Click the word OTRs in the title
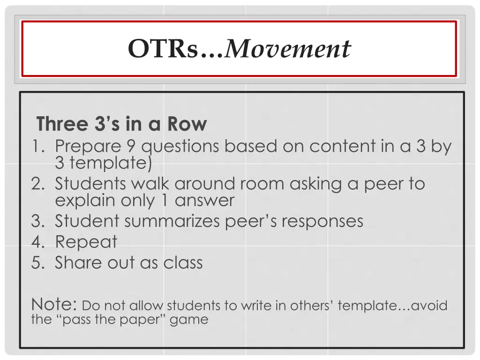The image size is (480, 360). click(163, 49)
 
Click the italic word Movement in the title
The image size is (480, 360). click(288, 49)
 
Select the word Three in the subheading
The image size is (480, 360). click(62, 124)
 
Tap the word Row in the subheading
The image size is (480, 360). click(187, 124)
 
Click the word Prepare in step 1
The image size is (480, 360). click(88, 147)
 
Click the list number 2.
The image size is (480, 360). click(37, 184)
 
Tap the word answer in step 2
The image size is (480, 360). click(204, 201)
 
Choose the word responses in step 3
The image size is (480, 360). click(319, 221)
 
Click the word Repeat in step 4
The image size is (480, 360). click(86, 242)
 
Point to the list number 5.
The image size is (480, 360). click(37, 262)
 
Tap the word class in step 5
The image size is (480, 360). click(183, 262)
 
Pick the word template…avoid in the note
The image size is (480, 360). click(392, 306)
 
